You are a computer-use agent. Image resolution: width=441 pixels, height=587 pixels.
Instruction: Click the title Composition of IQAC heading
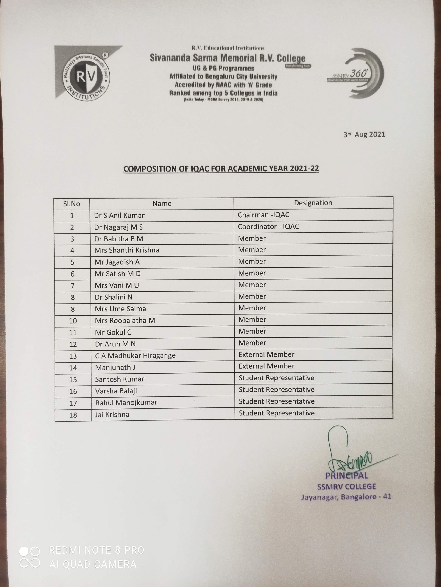221,169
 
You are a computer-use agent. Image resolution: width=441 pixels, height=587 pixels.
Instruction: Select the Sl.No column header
72,204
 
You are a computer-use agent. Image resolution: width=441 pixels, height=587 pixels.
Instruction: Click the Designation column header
313,203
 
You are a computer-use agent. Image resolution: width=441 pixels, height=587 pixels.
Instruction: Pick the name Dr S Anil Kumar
119,215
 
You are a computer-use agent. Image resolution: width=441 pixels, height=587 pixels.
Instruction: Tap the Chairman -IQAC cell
263,215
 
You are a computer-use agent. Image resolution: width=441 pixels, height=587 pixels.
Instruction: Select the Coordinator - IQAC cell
268,226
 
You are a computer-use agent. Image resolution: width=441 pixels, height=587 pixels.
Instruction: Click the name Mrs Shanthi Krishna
127,250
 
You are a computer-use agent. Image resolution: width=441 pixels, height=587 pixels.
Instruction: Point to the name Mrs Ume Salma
120,309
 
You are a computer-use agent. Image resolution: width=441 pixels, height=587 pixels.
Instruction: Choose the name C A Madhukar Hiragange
135,355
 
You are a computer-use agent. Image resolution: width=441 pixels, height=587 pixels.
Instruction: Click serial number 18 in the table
73,415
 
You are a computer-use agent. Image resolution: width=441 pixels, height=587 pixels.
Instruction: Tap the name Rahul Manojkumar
126,403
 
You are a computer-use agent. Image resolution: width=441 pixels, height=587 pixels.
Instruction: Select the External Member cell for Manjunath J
266,366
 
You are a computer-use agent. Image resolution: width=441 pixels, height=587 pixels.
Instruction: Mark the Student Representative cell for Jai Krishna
276,413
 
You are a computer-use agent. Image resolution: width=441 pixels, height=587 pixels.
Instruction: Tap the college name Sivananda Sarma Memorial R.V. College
228,58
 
